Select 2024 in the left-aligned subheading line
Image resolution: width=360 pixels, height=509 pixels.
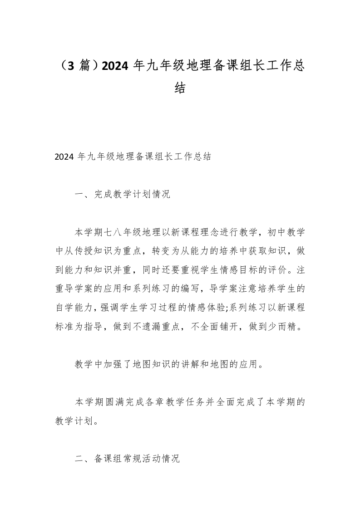(x=64, y=158)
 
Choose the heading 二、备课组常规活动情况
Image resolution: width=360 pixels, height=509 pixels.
(x=127, y=459)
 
